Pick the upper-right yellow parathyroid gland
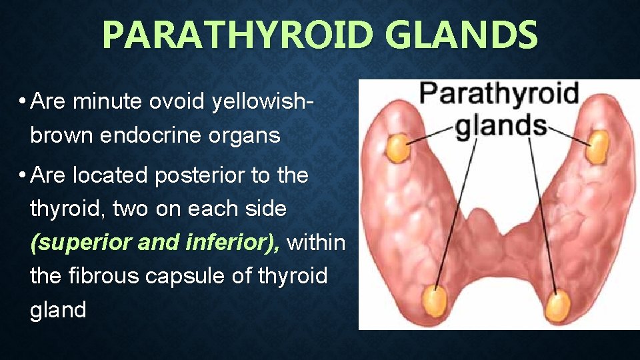point(598,146)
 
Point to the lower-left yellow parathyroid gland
point(435,302)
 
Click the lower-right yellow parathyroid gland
point(557,306)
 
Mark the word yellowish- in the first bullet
point(263,103)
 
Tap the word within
point(317,243)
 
